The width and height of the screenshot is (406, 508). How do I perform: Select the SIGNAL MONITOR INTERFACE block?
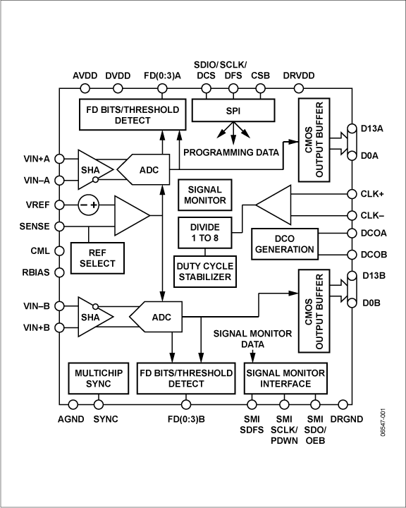point(285,378)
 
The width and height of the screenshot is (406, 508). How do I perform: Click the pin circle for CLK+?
point(350,193)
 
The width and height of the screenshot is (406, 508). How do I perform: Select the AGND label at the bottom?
point(71,419)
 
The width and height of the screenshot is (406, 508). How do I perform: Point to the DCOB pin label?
point(374,255)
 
